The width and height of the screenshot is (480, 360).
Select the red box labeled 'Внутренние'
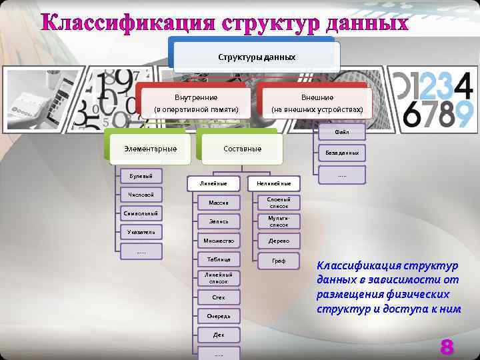pos(196,103)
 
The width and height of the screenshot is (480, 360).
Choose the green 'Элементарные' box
pos(150,149)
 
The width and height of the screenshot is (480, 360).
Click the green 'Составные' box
pos(242,149)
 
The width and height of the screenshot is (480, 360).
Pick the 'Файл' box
pos(342,132)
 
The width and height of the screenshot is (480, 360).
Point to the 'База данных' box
pos(342,153)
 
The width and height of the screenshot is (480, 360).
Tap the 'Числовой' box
pos(141,195)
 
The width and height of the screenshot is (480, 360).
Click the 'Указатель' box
pos(141,232)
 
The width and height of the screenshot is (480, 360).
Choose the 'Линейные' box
pos(213,183)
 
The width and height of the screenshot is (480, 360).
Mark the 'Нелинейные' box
pos(274,183)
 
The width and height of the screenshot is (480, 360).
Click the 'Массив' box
pos(219,203)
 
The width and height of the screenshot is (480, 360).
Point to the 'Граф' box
pos(279,261)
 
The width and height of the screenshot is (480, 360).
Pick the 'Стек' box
pos(219,297)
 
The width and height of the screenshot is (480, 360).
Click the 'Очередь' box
pos(219,316)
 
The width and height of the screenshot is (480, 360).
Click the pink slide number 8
pos(446,347)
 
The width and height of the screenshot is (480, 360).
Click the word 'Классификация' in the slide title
pos(126,22)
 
